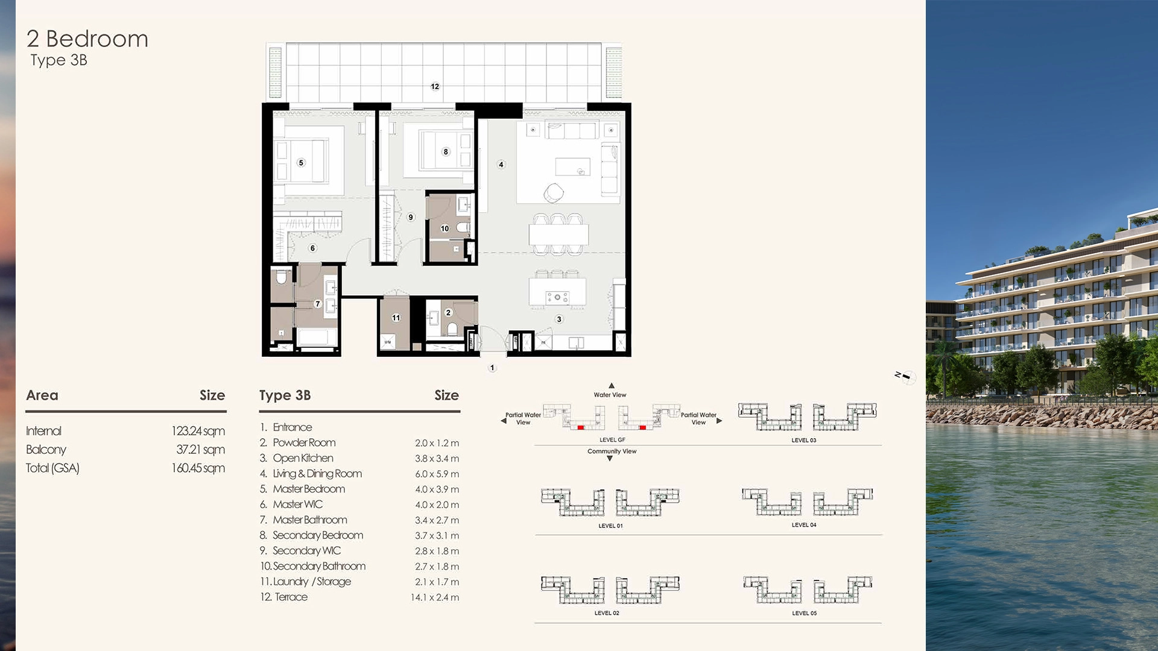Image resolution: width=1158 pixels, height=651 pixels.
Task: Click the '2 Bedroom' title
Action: tap(87, 39)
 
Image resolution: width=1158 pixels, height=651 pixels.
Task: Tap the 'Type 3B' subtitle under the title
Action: tap(59, 60)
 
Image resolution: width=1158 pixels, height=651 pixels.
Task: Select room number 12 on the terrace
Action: tap(435, 86)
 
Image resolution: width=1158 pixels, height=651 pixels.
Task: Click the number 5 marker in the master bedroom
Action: tap(302, 163)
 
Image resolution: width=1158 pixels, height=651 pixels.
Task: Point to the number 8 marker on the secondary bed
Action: tap(446, 152)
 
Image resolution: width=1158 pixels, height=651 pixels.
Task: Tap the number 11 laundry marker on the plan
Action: tap(396, 318)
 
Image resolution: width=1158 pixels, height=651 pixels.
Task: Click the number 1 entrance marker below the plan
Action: tap(492, 368)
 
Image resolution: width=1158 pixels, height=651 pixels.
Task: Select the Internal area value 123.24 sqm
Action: tap(198, 431)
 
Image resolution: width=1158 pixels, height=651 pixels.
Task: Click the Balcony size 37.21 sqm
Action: tap(200, 450)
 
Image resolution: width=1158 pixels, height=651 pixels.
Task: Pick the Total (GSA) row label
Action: tap(52, 468)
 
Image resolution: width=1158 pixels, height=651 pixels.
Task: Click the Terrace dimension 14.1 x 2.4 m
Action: tap(434, 597)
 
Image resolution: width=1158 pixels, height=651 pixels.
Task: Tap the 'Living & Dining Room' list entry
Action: tap(317, 474)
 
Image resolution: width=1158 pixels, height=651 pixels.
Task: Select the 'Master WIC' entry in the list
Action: tap(297, 505)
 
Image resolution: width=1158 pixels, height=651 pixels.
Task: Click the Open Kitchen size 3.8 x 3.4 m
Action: tap(437, 459)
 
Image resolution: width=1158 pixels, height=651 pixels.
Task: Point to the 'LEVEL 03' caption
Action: tap(803, 441)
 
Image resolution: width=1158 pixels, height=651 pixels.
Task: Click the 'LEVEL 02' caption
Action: tap(607, 613)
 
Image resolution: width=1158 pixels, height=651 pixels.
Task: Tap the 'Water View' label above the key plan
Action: tap(610, 395)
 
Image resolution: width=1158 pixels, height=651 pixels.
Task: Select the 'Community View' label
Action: tap(612, 451)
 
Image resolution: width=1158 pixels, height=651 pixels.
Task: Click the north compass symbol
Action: tap(906, 377)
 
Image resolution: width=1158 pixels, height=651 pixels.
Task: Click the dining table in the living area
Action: tap(558, 234)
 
